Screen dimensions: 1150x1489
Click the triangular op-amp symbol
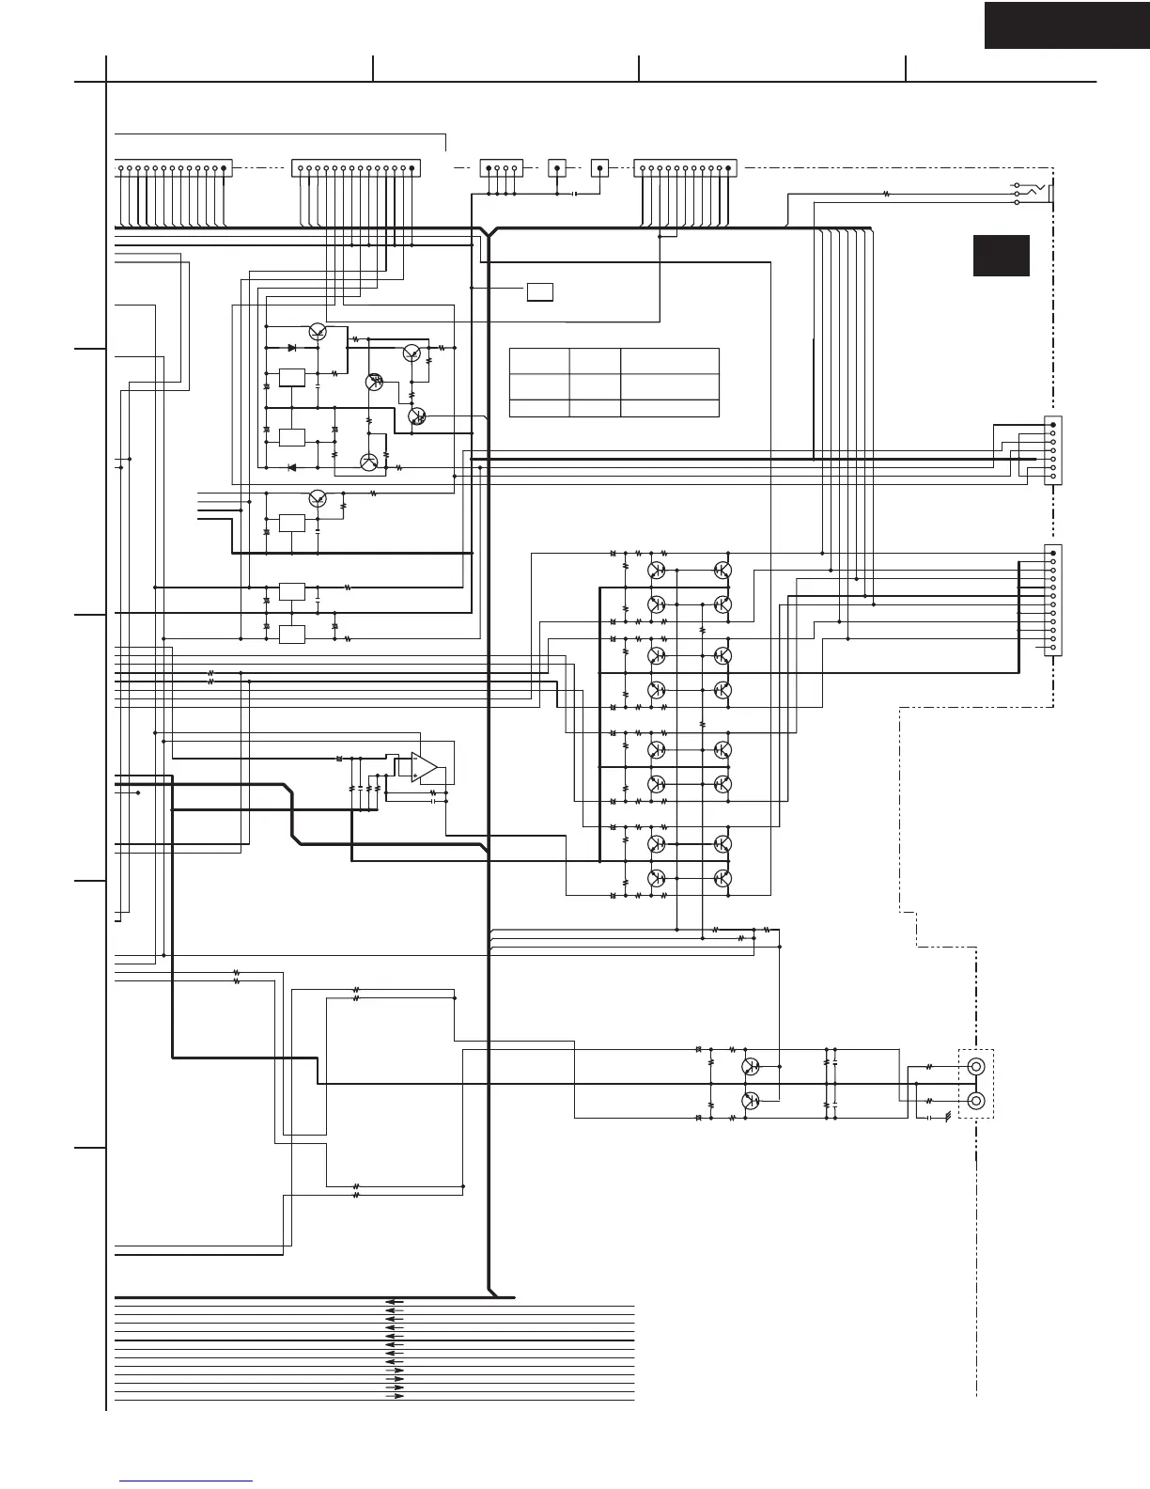[425, 767]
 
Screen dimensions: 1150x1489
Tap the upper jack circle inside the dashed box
[976, 1067]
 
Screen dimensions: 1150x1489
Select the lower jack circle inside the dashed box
[976, 1101]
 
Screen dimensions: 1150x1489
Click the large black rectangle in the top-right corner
[1066, 24]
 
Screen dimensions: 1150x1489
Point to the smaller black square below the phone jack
[1001, 256]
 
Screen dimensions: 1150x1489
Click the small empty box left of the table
[539, 291]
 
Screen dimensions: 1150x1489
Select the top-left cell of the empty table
[539, 361]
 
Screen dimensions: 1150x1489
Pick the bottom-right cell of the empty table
[669, 408]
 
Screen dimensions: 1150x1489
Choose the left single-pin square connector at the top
[557, 169]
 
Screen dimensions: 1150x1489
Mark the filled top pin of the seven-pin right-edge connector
[1052, 424]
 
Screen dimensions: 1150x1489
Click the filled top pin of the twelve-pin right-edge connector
[1052, 553]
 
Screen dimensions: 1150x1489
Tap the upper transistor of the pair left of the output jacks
[751, 1066]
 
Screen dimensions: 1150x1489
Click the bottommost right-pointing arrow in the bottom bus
[396, 1396]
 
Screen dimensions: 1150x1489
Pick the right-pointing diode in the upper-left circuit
[293, 348]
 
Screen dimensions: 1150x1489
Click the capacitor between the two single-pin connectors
[574, 195]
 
